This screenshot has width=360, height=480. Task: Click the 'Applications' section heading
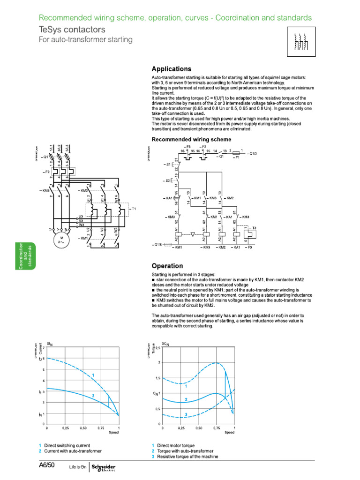coord(171,68)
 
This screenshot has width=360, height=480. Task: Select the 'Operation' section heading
coord(167,266)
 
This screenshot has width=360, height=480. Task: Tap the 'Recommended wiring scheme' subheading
coord(191,139)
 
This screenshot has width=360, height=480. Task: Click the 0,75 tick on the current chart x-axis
coord(101,428)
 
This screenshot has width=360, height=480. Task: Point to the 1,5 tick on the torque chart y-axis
coord(157,378)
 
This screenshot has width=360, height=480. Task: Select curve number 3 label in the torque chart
coord(186,414)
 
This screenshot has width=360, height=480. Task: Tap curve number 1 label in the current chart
coord(93,375)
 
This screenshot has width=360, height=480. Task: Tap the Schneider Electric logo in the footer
coord(103,467)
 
